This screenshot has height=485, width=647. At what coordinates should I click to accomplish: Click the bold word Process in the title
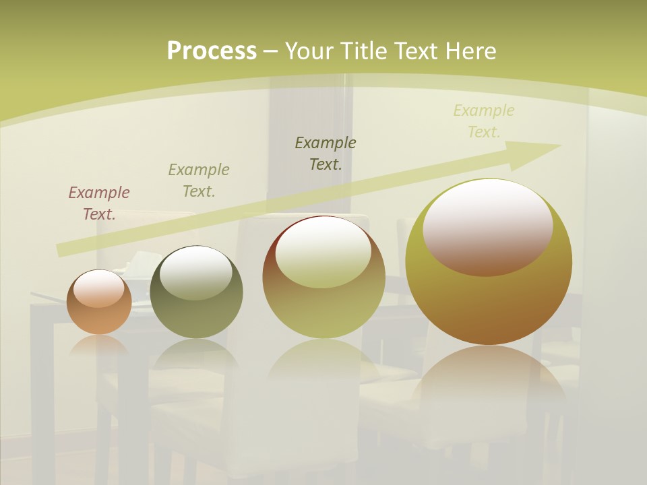point(212,51)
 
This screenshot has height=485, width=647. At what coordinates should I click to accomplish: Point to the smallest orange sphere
point(99,302)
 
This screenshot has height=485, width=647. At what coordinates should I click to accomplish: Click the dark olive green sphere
point(196,292)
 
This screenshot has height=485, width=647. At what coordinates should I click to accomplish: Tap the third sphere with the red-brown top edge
point(324,277)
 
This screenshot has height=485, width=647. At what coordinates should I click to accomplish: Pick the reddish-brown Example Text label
point(99,203)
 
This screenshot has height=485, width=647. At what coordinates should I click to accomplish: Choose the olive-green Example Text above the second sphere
point(199,181)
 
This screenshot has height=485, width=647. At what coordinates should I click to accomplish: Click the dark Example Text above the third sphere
point(326,153)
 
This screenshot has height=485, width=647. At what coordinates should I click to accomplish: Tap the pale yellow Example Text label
point(484,121)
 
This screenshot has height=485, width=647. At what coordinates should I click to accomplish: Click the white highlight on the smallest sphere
point(102,289)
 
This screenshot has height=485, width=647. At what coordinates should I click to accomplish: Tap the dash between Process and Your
point(270,51)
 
